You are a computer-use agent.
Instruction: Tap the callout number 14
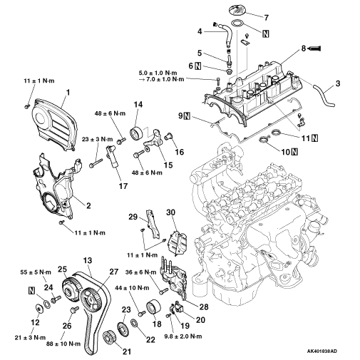(138, 104)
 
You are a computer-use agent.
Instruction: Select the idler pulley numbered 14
(136, 133)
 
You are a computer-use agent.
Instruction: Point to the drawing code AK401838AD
(322, 351)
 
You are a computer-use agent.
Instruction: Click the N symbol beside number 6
(197, 66)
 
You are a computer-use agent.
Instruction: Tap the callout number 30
(170, 212)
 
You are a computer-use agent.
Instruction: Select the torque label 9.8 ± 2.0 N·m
(183, 336)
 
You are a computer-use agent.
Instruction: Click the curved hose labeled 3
(323, 96)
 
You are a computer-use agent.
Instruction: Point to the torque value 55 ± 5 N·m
(36, 272)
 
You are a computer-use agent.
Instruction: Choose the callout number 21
(127, 351)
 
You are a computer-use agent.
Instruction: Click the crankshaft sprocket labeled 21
(109, 336)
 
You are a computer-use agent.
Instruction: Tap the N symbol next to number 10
(294, 152)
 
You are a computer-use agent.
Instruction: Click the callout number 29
(133, 217)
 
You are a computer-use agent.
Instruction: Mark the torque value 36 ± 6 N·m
(140, 272)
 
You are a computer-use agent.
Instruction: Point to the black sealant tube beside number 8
(314, 48)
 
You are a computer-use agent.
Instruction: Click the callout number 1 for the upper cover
(68, 92)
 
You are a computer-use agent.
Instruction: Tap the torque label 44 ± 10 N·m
(132, 288)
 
